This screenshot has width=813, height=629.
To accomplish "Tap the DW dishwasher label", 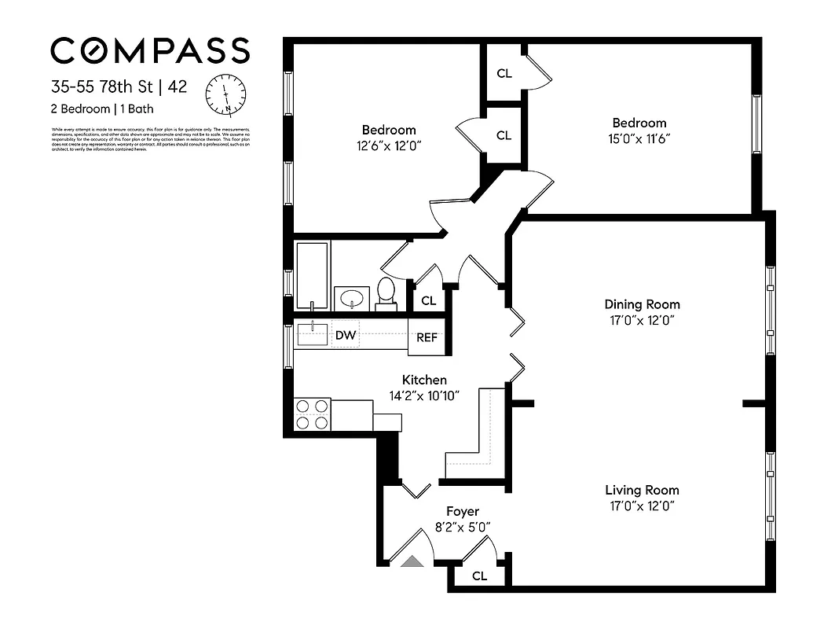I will pos(345,336).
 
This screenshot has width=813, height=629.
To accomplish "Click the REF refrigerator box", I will pos(427,337).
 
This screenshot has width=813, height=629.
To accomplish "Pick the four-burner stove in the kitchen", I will pos(312,414).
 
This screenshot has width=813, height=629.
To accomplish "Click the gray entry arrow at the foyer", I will pos(412,561).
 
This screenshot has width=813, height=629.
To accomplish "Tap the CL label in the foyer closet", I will pos(479,576).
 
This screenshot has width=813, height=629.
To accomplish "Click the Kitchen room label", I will pos(424,380).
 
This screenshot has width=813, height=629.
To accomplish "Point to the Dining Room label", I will pos(642,304).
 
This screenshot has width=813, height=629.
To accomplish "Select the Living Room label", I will pos(642,490).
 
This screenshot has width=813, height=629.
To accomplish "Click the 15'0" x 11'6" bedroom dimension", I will pos(639,138).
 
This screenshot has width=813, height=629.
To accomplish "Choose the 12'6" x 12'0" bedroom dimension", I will pos(388,145).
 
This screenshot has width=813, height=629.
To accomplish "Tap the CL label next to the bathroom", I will pos(429,300).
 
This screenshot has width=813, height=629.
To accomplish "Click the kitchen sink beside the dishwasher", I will pos(313,333).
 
